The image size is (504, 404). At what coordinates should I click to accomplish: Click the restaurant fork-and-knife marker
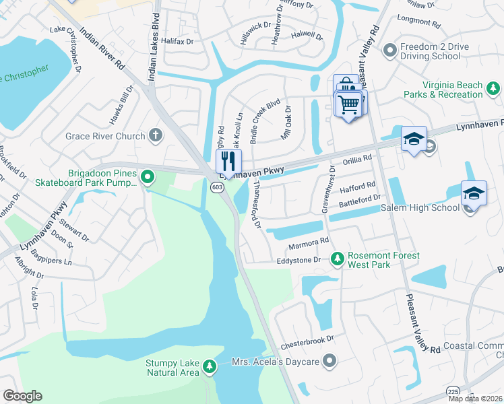click(228, 162)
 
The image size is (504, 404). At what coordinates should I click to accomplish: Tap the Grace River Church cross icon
click(156, 136)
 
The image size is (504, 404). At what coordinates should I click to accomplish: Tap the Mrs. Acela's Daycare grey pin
click(329, 362)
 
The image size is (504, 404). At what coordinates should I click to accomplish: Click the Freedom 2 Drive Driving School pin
click(389, 51)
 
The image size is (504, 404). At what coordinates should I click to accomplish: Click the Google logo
click(22, 396)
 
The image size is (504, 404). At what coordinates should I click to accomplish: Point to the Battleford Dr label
click(359, 201)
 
